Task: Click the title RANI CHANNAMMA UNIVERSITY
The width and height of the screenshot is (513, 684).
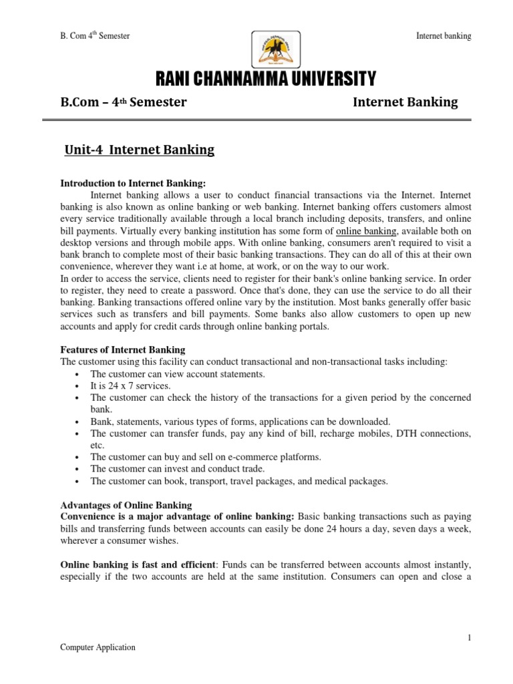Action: [266, 81]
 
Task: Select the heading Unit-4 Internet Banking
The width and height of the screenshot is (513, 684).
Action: [139, 150]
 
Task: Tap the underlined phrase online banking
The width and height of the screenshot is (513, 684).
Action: [365, 230]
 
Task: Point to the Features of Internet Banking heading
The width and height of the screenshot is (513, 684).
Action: [123, 350]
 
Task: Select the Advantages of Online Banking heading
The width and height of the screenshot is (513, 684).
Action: [126, 504]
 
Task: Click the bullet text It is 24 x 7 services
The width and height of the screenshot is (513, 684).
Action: [131, 385]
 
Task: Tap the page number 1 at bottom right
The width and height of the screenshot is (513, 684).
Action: [469, 637]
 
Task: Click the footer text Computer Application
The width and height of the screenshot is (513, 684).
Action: [98, 647]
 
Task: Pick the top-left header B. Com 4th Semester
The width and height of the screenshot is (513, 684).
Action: [95, 36]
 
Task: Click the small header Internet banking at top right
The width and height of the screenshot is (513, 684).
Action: [443, 36]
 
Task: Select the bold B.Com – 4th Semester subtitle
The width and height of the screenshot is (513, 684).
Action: [124, 102]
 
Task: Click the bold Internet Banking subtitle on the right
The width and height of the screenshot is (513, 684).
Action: [405, 102]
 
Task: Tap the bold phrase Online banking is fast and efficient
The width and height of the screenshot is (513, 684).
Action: [139, 564]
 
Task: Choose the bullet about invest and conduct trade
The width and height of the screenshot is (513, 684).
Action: [178, 469]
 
